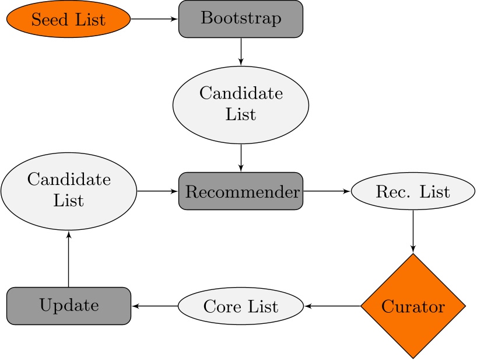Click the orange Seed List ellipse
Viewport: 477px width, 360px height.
pyautogui.click(x=68, y=19)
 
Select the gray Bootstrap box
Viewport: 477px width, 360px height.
pyautogui.click(x=240, y=19)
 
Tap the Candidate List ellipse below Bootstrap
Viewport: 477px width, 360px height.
pyautogui.click(x=240, y=104)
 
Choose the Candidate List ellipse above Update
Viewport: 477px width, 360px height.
pyautogui.click(x=68, y=191)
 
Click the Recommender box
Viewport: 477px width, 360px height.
pyautogui.click(x=240, y=191)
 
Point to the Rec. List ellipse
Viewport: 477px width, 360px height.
pyautogui.click(x=413, y=191)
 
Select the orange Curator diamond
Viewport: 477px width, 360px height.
pyautogui.click(x=413, y=306)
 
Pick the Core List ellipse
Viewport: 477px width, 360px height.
pyautogui.click(x=240, y=306)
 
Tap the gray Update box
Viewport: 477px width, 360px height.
pyautogui.click(x=68, y=306)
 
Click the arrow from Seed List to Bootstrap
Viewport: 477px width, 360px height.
pyautogui.click(x=154, y=19)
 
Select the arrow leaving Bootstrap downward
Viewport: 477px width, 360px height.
pyautogui.click(x=240, y=51)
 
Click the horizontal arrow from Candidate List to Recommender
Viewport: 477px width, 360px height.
pyautogui.click(x=157, y=191)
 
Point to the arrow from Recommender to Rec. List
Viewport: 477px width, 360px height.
pyautogui.click(x=326, y=191)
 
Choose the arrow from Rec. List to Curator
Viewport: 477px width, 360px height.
pyautogui.click(x=413, y=231)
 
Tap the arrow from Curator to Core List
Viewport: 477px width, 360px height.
pyautogui.click(x=332, y=306)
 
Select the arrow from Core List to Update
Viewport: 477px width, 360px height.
pyautogui.click(x=155, y=306)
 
